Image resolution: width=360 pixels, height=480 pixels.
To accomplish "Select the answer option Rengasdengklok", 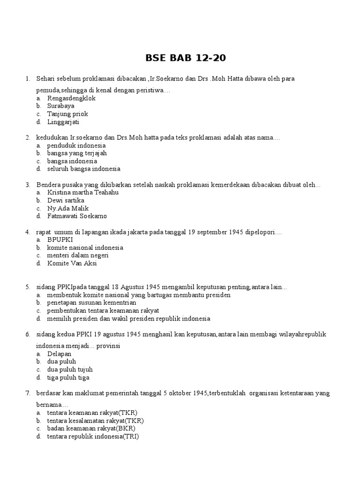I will (x=71, y=98).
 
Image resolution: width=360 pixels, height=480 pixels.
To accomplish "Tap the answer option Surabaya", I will (x=60, y=106).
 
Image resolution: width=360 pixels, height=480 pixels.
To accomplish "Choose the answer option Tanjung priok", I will (x=67, y=114).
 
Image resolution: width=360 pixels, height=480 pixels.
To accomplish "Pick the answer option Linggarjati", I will (x=63, y=122).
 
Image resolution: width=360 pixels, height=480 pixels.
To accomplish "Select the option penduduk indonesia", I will (x=76, y=145).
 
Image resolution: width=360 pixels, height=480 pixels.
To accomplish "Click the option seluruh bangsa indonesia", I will (x=83, y=169).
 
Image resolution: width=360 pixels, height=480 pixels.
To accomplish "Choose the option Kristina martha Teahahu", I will (x=83, y=192).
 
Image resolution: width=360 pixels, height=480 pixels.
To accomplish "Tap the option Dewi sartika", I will (x=66, y=200).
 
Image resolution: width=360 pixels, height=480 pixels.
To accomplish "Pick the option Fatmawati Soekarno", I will (x=77, y=216).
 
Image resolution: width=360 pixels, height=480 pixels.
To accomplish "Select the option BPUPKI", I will (x=60, y=240).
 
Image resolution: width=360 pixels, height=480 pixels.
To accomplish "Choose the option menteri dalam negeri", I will (x=77, y=255).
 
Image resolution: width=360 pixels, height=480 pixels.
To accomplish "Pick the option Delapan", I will (x=60, y=354).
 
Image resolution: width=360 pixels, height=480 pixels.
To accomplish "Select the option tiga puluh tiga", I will (x=68, y=377).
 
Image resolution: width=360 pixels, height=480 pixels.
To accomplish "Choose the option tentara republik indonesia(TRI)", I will (x=93, y=436).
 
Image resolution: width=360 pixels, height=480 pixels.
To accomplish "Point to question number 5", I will (x=28, y=287).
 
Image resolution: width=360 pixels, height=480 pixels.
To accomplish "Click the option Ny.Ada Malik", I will (x=68, y=208).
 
